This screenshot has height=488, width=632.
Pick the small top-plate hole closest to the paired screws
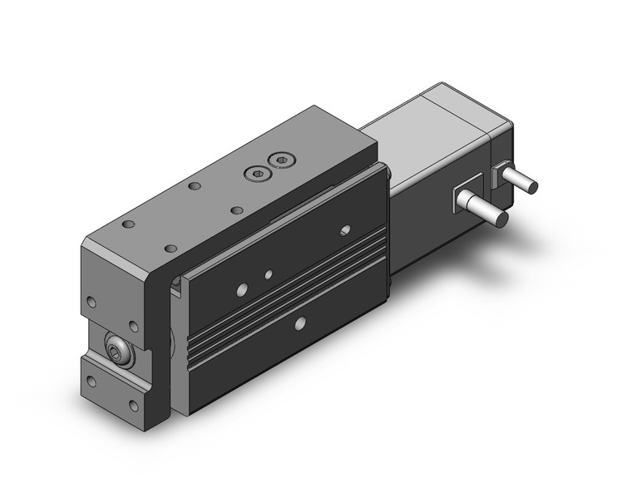tap(239, 209)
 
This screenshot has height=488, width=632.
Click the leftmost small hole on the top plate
tap(128, 225)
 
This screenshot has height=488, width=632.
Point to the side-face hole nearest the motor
tap(345, 228)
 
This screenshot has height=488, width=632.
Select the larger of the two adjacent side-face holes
tap(242, 288)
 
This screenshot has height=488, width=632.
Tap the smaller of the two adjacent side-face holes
tap(268, 274)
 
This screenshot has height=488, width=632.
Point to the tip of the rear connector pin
tap(533, 187)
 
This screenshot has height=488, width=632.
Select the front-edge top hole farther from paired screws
tap(171, 248)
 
